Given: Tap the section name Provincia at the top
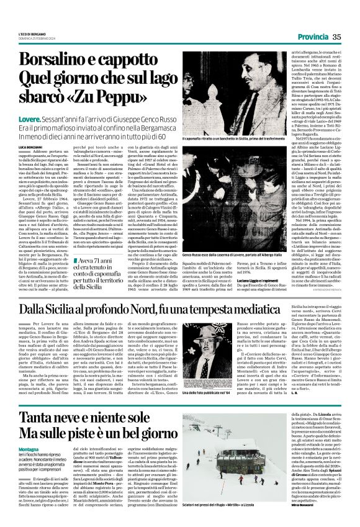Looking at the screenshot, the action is (312, 37).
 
